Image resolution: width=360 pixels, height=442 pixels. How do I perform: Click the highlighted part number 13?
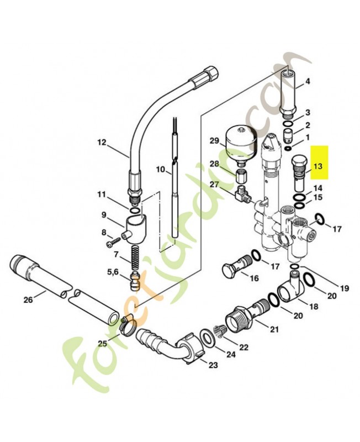(x=317, y=166)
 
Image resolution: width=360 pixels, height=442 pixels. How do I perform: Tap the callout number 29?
(x=214, y=140)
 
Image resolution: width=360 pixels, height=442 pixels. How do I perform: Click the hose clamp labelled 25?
(x=129, y=327)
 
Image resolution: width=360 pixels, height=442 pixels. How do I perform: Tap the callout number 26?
(x=28, y=299)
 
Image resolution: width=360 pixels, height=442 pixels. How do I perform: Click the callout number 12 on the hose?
(x=102, y=143)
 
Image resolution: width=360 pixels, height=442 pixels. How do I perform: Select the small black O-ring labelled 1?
(x=288, y=149)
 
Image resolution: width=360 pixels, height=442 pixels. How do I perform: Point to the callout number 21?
(x=274, y=329)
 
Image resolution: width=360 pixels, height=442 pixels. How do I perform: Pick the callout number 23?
(x=213, y=365)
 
